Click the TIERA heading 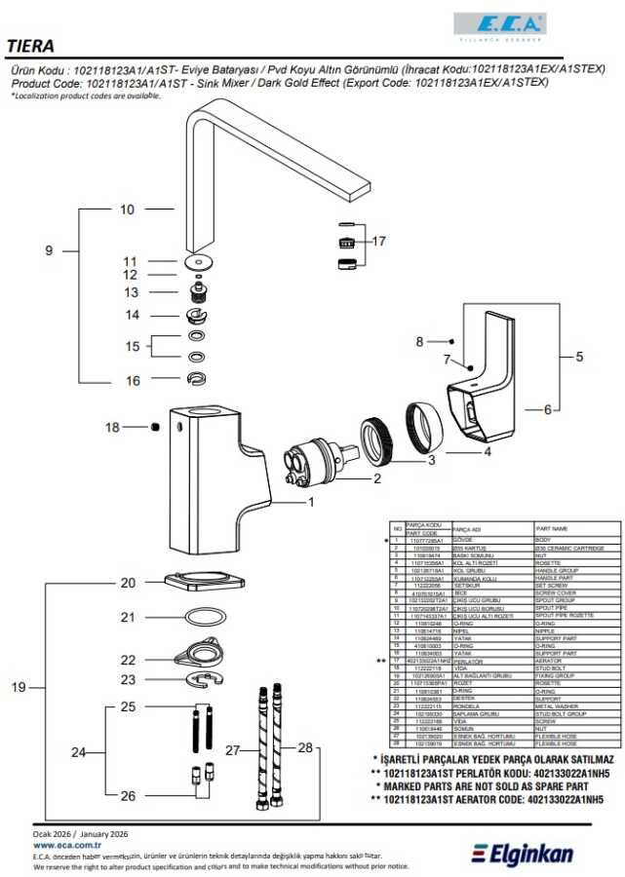coord(30,45)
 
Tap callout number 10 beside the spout coord(128,210)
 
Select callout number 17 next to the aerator coord(379,241)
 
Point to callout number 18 coord(112,427)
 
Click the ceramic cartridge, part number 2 coord(314,461)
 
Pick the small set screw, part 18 coord(154,427)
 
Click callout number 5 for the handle coord(579,357)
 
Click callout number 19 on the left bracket coord(19,687)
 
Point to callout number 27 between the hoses coord(233,750)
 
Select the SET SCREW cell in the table coord(550,585)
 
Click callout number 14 coord(132,315)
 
